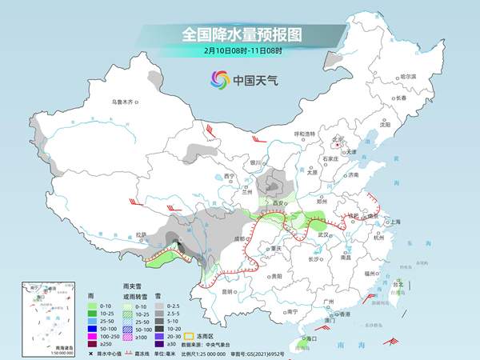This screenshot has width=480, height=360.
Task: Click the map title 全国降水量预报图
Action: (240, 34)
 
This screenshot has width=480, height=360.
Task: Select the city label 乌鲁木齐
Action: (126, 102)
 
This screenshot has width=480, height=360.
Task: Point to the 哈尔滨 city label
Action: (408, 75)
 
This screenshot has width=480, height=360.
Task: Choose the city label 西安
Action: (281, 204)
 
